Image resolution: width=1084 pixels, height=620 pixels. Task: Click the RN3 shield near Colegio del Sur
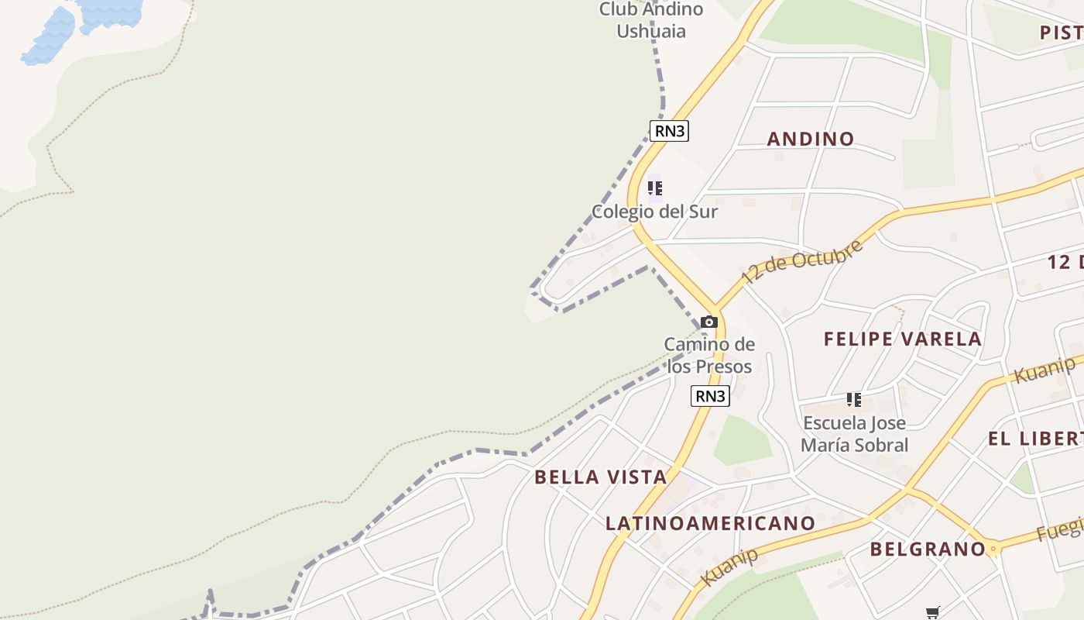coord(670,131)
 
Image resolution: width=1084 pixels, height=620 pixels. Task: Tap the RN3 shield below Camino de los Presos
coord(710,396)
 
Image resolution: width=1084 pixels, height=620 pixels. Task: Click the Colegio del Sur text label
coord(654,212)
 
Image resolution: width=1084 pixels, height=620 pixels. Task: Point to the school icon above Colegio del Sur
coord(655,188)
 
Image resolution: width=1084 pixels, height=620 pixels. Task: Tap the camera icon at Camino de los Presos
coord(708,322)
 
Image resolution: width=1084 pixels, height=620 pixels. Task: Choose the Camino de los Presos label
coord(709,355)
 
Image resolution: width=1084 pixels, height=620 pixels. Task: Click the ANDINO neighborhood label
coord(811,139)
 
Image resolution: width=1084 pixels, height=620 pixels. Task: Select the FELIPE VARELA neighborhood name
coord(902,339)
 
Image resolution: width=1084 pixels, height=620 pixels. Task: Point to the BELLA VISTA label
coord(601,477)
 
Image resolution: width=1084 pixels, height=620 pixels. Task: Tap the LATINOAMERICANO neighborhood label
coord(710,523)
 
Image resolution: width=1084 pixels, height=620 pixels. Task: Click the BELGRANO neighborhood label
coord(927,549)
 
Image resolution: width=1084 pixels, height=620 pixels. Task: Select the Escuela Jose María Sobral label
coord(854,434)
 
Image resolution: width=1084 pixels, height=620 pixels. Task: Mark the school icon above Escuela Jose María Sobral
coord(854,400)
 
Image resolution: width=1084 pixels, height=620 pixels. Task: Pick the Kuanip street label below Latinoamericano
coord(729,567)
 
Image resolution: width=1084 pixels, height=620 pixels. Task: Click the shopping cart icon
coord(933,612)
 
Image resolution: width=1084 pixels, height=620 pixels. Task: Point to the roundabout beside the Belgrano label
coord(993,549)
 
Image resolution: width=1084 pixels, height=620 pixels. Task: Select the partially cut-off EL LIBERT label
coord(1035,439)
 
